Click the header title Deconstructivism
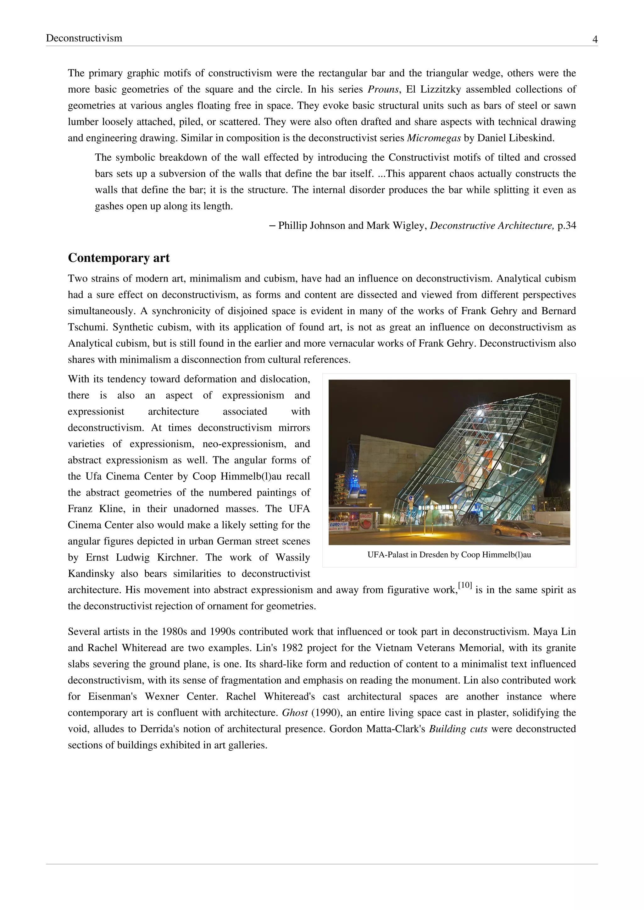pos(84,38)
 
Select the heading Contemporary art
pos(119,258)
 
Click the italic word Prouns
pos(383,90)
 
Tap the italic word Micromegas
pos(434,138)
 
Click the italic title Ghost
pos(295,713)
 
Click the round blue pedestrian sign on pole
pos(410,499)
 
